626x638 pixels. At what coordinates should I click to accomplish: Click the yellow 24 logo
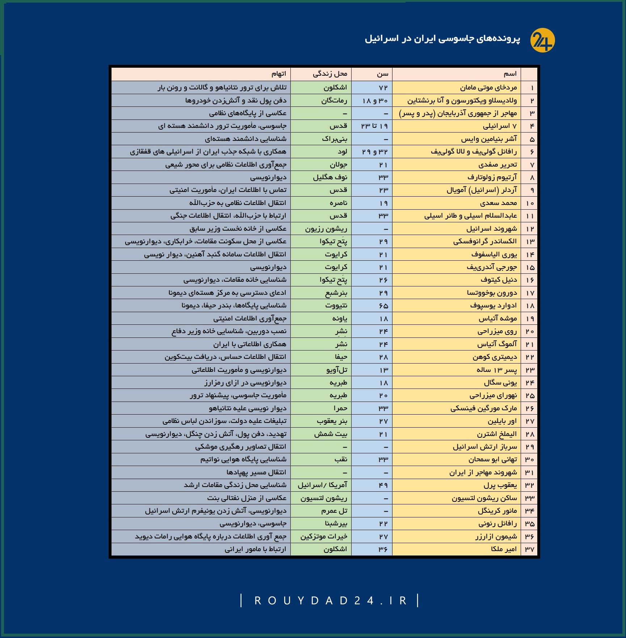[542, 40]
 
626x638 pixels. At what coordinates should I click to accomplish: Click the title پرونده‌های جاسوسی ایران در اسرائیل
[442, 39]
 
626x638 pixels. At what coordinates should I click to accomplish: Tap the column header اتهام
[279, 74]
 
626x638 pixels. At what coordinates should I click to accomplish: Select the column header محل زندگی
[330, 74]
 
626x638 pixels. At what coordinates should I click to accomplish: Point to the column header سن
[382, 74]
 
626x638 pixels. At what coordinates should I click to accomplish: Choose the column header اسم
[510, 74]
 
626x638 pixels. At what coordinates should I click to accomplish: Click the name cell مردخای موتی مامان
[488, 88]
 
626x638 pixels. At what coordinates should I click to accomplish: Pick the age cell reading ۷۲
[383, 88]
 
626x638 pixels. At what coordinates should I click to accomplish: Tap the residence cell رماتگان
[334, 100]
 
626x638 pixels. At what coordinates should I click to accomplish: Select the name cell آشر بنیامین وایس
[489, 139]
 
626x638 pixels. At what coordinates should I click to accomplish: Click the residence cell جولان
[339, 165]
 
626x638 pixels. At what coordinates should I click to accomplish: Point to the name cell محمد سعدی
[499, 203]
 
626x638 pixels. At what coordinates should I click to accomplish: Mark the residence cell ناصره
[339, 203]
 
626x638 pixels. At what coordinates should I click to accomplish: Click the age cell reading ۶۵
[383, 306]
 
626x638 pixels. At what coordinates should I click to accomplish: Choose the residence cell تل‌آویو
[337, 370]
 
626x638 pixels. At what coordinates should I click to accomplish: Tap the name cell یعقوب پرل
[500, 485]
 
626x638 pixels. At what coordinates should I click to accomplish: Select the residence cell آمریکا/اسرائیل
[322, 485]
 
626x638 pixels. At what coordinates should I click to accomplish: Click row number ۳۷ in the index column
[530, 549]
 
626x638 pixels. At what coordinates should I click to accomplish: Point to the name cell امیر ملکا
[504, 549]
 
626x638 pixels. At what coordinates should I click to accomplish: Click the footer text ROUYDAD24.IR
[330, 601]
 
